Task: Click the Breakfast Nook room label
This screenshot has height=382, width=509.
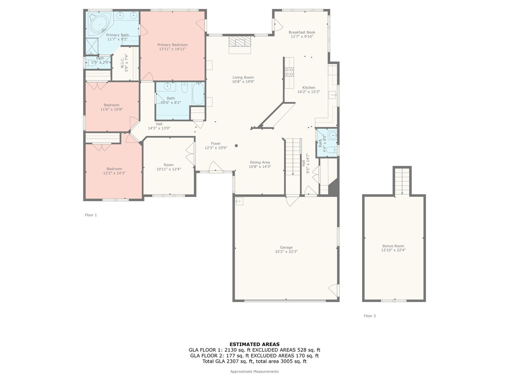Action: point(302,32)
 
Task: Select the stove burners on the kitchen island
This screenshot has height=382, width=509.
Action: point(289,71)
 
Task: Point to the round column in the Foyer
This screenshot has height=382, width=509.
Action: point(236,146)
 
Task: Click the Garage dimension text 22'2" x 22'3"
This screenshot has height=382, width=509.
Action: point(286,251)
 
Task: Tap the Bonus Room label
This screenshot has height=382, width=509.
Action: point(393,246)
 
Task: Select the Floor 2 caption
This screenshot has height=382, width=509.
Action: point(370,316)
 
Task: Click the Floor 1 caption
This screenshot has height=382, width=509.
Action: point(91,215)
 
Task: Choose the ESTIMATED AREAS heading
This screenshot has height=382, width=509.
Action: point(254,344)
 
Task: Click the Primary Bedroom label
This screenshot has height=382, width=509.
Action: point(172,45)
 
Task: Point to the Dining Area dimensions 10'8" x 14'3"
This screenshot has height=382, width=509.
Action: point(260,166)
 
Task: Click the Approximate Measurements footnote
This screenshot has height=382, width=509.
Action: point(254,371)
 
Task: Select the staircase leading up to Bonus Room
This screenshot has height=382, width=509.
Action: point(402,181)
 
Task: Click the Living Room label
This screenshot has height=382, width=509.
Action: point(243,77)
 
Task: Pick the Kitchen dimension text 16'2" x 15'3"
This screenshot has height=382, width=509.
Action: point(309,92)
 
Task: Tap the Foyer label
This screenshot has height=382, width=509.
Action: point(216,143)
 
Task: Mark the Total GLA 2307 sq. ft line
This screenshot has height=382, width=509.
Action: point(254,361)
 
